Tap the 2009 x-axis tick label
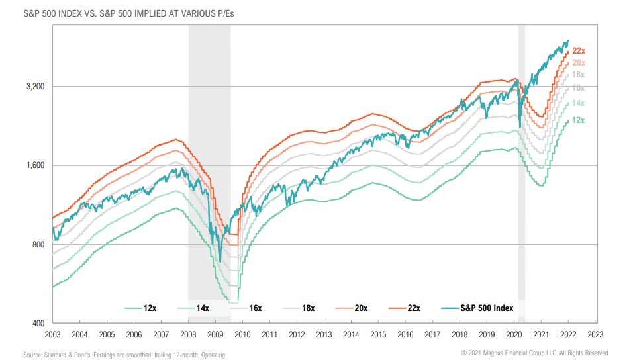pyautogui.click(x=216, y=335)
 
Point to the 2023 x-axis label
pyautogui.click(x=596, y=335)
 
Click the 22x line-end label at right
pyautogui.click(x=579, y=50)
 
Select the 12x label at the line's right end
pyautogui.click(x=577, y=120)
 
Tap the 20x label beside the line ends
pyautogui.click(x=578, y=62)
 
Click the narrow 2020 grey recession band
pyautogui.click(x=522, y=165)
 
